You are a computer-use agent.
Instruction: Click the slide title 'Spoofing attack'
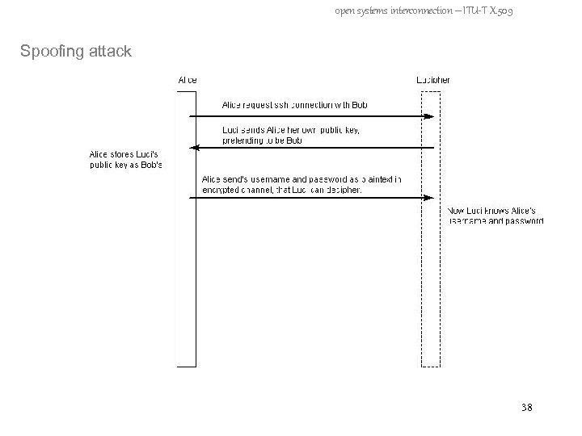point(75,52)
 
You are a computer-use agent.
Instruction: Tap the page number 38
point(527,409)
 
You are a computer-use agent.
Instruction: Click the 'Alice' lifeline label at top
point(187,80)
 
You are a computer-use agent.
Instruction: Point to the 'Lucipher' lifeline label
point(433,80)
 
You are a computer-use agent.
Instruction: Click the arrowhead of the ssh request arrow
point(430,116)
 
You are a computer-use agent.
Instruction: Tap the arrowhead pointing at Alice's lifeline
point(193,148)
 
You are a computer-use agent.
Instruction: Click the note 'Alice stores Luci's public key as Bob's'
point(126,160)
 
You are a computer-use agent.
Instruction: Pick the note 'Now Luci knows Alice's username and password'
point(496,216)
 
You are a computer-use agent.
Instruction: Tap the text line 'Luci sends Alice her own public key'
point(291,130)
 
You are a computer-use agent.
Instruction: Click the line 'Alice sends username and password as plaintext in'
point(300,179)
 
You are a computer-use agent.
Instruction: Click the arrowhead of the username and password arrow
point(430,197)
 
